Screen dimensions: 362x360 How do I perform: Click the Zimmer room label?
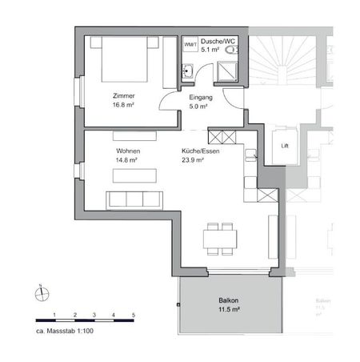(x=124, y=95)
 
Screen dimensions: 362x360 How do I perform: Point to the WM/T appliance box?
(x=190, y=46)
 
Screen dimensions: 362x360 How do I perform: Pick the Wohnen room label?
(x=128, y=151)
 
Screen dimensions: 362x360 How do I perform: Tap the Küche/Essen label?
(x=200, y=151)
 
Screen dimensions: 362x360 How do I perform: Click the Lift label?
(x=285, y=146)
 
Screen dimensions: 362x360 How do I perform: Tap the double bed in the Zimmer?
(x=123, y=58)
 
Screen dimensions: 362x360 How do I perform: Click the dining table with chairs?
(x=221, y=237)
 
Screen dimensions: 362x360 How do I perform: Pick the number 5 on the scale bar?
(x=134, y=315)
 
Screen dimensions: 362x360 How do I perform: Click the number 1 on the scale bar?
(x=54, y=315)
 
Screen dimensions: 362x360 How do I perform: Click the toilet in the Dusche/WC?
(x=233, y=50)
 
